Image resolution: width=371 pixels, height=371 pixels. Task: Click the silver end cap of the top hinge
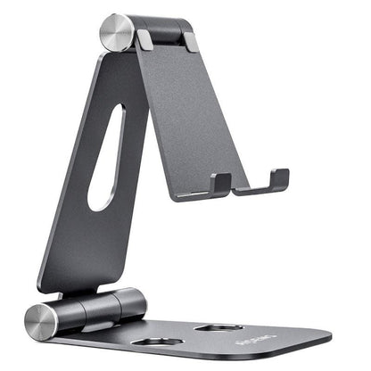tap(114, 32)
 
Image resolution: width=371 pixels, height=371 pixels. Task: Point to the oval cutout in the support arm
tap(108, 157)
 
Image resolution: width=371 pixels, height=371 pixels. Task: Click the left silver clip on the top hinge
tap(144, 39)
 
